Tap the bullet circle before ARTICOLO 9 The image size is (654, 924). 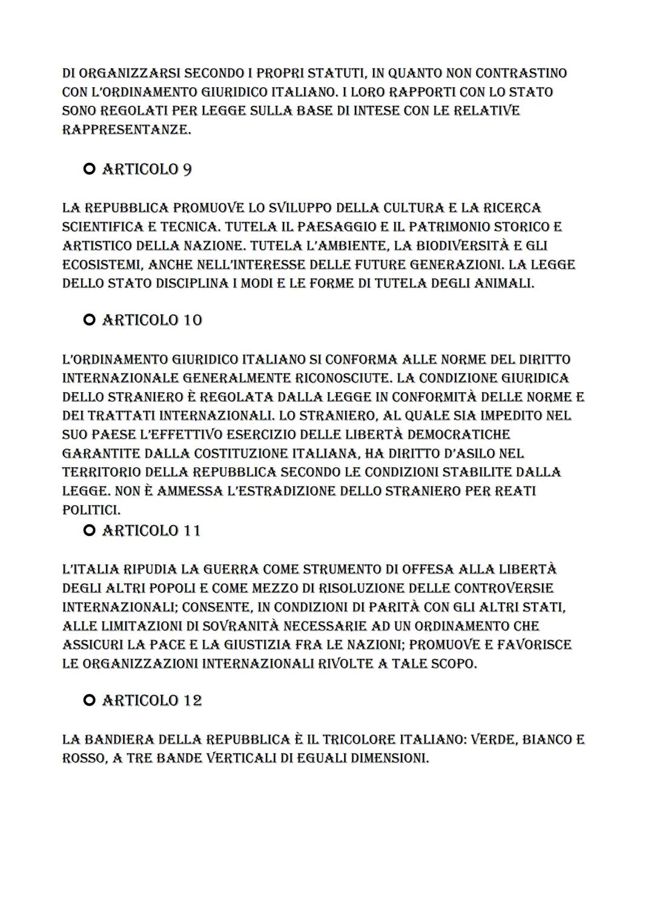coord(90,170)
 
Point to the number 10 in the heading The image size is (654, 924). coord(192,320)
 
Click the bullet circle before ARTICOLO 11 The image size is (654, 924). coord(90,531)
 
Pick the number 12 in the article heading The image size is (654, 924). coord(192,701)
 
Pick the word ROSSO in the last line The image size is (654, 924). coord(84,759)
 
